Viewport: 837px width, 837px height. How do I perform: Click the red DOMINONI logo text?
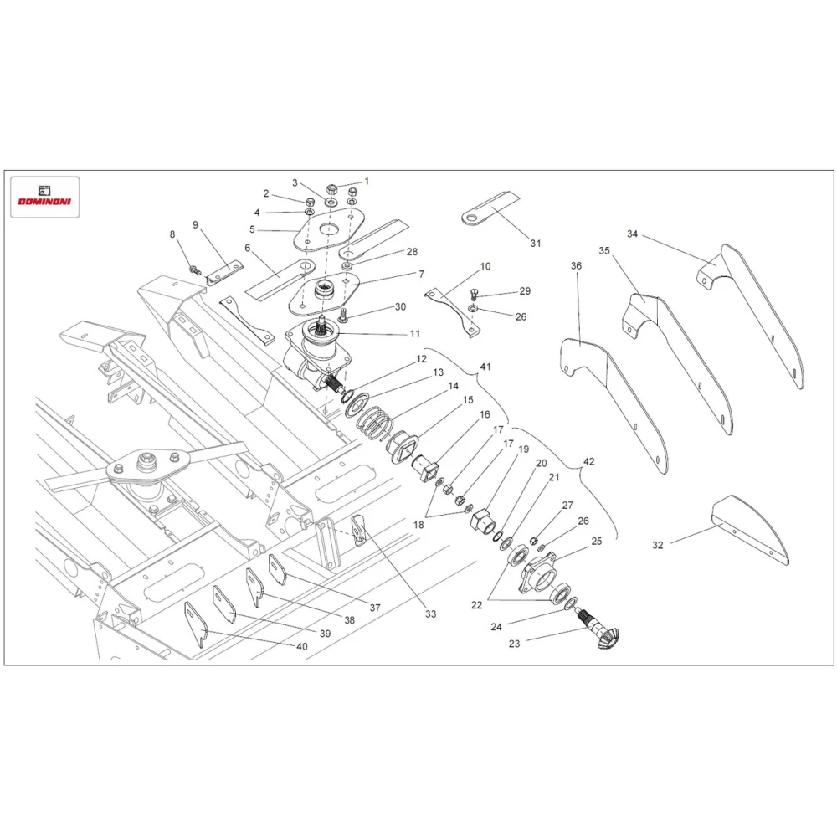coord(44,201)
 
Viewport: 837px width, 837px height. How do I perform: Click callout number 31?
coord(536,244)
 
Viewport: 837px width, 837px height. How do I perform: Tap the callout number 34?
coord(632,234)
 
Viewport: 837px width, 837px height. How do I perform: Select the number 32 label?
coord(658,545)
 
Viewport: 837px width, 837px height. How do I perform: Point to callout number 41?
coord(485,367)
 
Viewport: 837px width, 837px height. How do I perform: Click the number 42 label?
coord(588,461)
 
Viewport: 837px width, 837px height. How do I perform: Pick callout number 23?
coord(514,644)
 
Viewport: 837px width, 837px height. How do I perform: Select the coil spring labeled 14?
coord(375,422)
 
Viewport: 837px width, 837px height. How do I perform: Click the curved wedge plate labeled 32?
coord(750,526)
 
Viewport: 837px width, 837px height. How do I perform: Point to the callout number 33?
coord(431,614)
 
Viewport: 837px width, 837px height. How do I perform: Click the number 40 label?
coord(301,646)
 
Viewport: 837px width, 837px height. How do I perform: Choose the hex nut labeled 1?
coord(331,189)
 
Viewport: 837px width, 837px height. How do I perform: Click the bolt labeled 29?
coord(474,294)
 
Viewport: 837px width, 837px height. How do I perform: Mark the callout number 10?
coord(485,266)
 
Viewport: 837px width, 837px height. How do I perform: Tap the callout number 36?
coord(576,266)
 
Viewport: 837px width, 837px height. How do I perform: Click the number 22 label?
coord(477,605)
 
